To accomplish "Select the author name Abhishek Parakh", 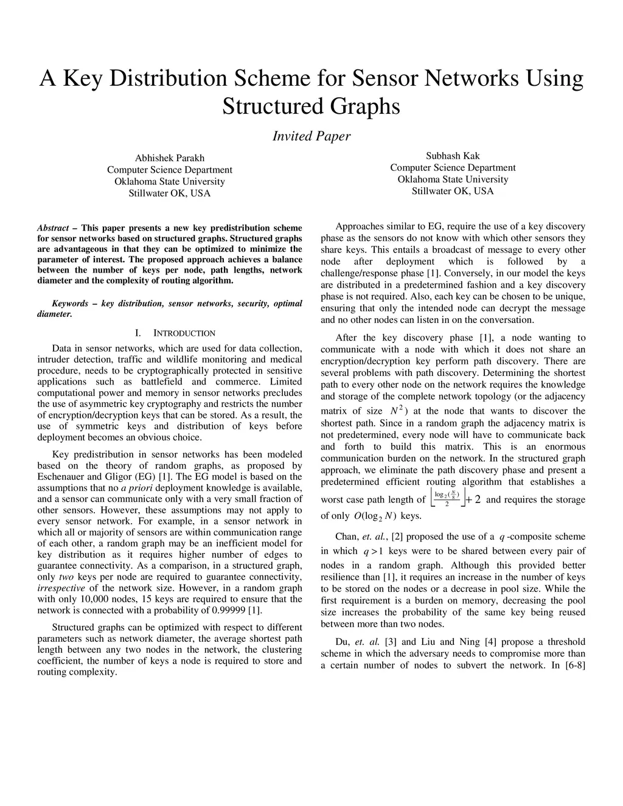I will click(x=169, y=158).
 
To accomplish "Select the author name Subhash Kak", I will click(x=453, y=156).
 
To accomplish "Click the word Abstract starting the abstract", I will click(x=53, y=228).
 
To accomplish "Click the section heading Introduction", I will click(x=184, y=333).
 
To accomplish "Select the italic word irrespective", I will click(x=61, y=588).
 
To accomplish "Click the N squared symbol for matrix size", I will click(x=397, y=410).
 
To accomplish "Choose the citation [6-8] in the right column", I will click(x=574, y=665).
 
